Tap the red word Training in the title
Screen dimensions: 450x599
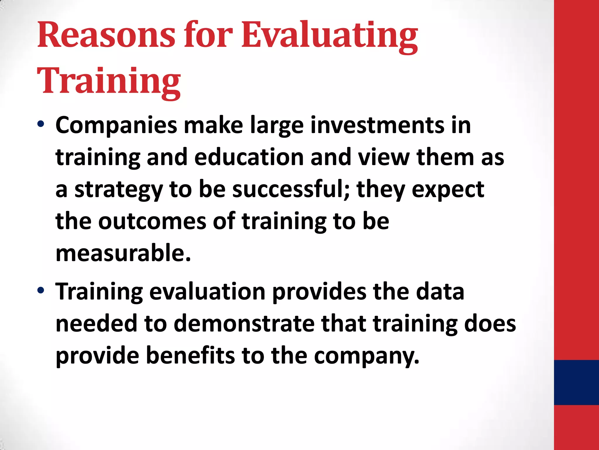click(x=109, y=81)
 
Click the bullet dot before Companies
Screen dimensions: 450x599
click(x=41, y=124)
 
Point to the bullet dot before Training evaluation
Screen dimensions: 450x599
click(x=41, y=290)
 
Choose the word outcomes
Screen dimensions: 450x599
click(x=152, y=221)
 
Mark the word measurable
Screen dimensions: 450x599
click(x=123, y=253)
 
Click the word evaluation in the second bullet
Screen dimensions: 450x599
click(x=207, y=292)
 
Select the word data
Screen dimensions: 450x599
click(x=440, y=292)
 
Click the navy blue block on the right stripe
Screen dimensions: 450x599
click(x=576, y=382)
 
